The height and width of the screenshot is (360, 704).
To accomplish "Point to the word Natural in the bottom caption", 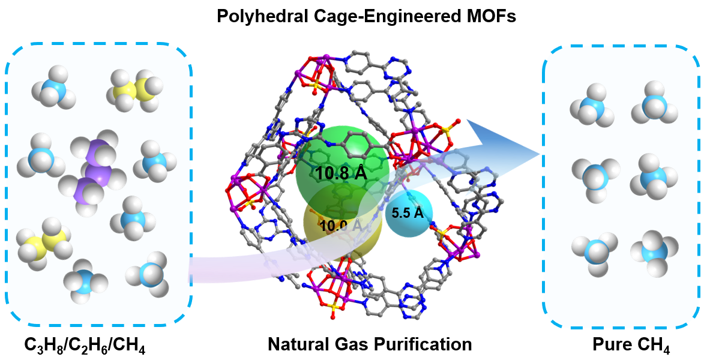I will point(298,344).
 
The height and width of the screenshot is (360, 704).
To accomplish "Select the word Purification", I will point(420,344).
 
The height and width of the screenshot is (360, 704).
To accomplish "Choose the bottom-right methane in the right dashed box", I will point(653,251).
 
